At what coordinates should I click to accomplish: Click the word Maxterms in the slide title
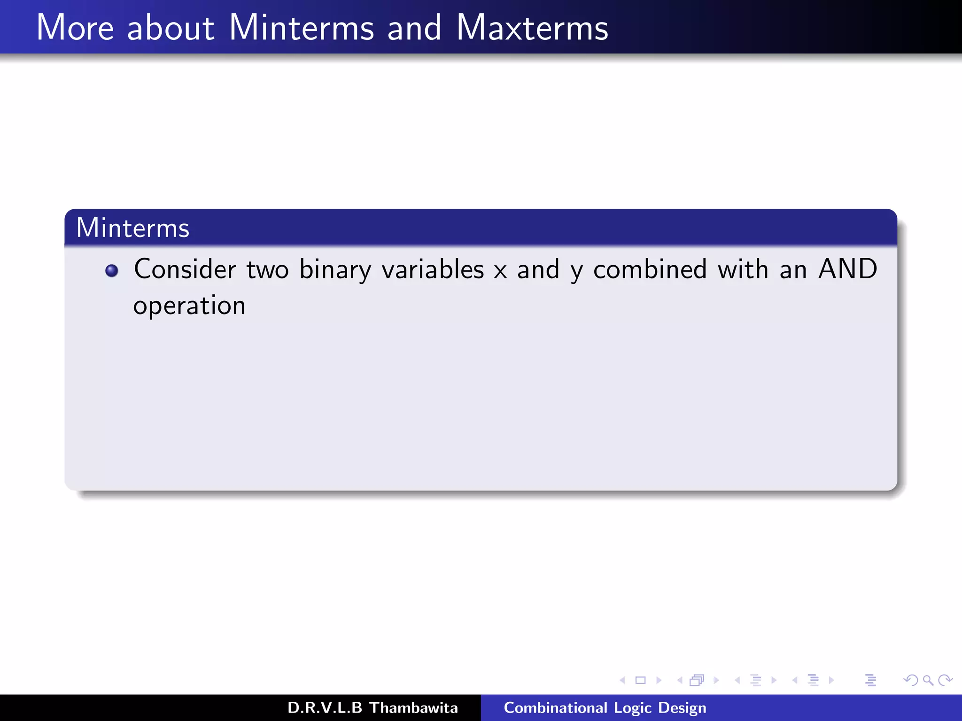(x=532, y=28)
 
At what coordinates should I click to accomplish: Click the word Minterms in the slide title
(x=301, y=28)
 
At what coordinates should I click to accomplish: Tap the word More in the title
(x=75, y=28)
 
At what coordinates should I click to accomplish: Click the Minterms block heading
(x=133, y=228)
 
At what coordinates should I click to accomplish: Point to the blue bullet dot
(x=112, y=271)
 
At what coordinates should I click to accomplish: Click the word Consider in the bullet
(x=185, y=269)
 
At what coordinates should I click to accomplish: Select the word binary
(x=335, y=270)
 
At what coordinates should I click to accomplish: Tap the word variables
(x=433, y=269)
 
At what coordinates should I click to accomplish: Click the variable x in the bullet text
(x=501, y=271)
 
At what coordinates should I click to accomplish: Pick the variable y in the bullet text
(x=576, y=272)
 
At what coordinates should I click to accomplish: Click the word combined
(x=650, y=269)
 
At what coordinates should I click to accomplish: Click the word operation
(x=189, y=307)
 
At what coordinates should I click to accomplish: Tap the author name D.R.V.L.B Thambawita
(x=372, y=708)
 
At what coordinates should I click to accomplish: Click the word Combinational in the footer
(x=555, y=708)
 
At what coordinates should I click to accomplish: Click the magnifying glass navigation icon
(x=928, y=680)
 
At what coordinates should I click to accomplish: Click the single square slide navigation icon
(x=640, y=680)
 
